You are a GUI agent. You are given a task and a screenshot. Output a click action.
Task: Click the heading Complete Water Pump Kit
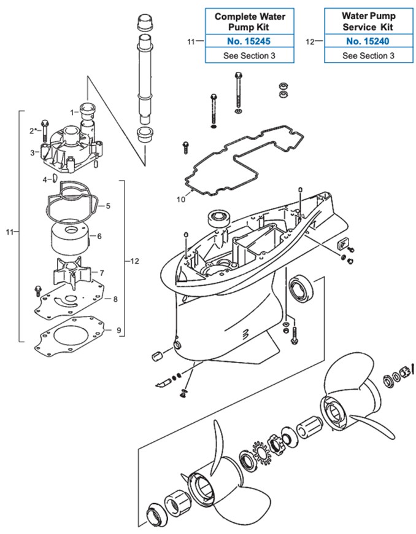[x=249, y=21]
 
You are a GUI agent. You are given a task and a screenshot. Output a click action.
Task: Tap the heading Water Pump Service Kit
[x=368, y=21]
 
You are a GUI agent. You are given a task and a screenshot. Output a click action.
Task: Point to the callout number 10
[x=180, y=199]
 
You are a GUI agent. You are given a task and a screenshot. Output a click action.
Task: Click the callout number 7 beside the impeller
[x=101, y=272]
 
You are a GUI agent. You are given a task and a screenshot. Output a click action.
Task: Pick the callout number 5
[x=107, y=206]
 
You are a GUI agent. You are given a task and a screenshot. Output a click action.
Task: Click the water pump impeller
[x=71, y=271]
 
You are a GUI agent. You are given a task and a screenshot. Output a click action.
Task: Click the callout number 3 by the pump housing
[x=33, y=152]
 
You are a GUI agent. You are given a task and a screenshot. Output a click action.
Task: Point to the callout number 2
[x=32, y=130]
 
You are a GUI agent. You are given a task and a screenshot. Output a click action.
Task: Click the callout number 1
[x=72, y=112]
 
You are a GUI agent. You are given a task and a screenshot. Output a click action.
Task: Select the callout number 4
[x=44, y=179]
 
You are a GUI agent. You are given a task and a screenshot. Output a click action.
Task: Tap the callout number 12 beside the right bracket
[x=134, y=261]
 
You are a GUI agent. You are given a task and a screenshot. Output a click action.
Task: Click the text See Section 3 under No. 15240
[x=368, y=55]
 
